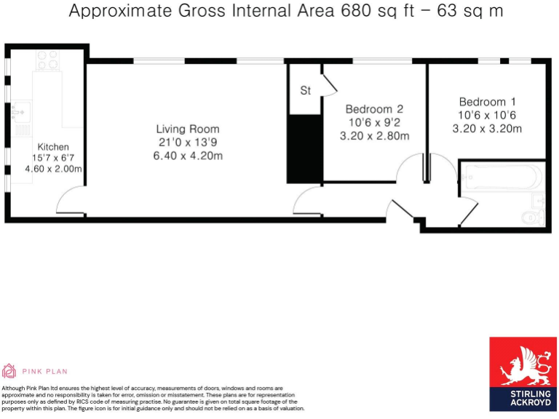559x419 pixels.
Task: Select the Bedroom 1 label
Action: pos(487,102)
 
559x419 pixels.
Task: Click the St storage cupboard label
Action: pos(306,91)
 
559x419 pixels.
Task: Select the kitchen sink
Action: pos(18,113)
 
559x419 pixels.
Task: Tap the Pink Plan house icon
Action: pos(9,370)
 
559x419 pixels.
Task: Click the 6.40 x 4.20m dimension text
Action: pos(188,156)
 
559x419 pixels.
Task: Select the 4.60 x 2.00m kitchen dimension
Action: pos(53,169)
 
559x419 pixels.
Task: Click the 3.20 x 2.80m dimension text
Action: pos(374,135)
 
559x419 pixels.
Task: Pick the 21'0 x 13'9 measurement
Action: pos(188,143)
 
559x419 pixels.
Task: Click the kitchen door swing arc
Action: pos(71,199)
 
